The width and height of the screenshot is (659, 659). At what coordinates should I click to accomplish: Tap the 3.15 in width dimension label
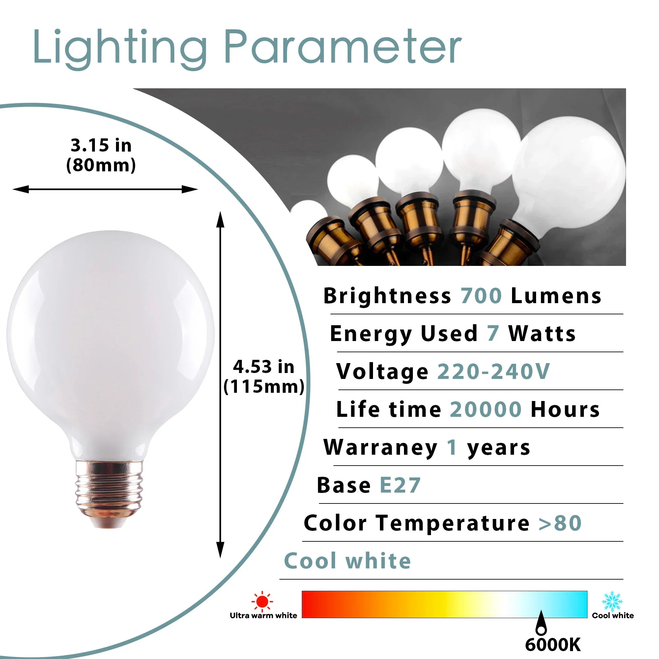101,145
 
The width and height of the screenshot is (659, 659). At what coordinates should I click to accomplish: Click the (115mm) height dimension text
264,387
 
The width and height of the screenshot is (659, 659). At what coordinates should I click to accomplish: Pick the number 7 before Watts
493,333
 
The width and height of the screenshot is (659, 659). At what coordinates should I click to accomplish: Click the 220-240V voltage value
494,371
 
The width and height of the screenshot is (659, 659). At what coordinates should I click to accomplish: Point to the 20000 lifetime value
486,409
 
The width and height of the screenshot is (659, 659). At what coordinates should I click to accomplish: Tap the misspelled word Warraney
380,447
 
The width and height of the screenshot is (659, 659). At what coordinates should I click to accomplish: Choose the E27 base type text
400,485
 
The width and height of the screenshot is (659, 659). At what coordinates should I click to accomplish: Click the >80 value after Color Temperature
560,523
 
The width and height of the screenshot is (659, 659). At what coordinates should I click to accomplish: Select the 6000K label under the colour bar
553,644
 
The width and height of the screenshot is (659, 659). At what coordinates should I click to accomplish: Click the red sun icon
262,601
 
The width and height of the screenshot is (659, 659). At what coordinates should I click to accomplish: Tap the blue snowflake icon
612,602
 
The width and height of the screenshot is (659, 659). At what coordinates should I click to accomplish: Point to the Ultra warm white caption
263,615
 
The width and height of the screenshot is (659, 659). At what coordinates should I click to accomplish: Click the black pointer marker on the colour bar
541,623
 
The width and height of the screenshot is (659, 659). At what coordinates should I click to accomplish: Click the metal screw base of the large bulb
109,492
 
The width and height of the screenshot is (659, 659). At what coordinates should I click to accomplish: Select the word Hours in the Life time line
565,409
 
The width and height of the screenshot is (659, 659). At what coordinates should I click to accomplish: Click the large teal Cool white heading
347,561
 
